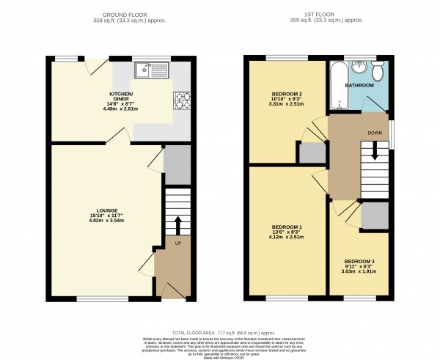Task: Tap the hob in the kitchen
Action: [x=181, y=100]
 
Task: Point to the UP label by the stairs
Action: [x=177, y=241]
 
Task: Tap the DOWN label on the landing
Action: [x=373, y=132]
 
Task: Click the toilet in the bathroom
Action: [x=377, y=71]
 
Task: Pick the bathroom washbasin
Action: [x=359, y=68]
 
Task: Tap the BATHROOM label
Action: [x=359, y=86]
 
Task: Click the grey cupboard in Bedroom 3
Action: [x=374, y=216]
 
